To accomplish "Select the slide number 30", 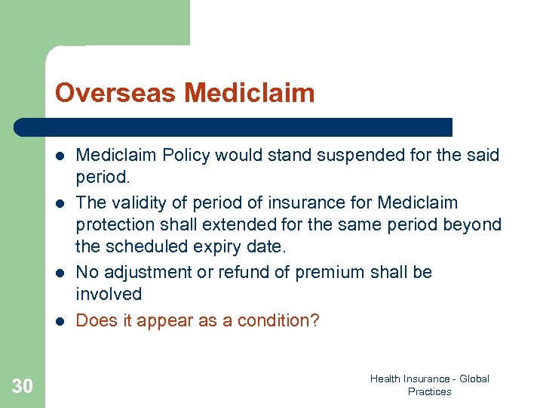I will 23,387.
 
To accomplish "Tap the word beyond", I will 476,224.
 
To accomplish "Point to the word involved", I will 109,294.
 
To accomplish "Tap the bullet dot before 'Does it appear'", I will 60,321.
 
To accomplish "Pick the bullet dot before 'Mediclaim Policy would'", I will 60,156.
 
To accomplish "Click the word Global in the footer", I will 473,379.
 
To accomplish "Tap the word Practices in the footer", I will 429,391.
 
